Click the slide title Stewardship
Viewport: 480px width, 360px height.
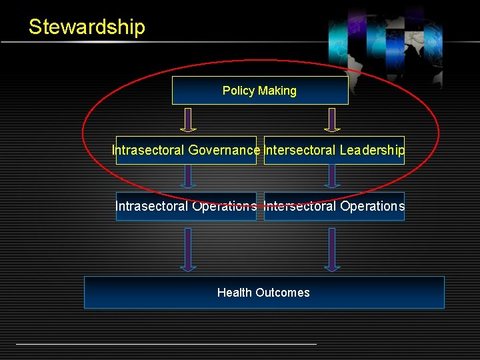pos(87,27)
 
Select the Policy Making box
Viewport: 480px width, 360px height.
pos(260,91)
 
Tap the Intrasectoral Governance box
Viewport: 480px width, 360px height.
pos(186,151)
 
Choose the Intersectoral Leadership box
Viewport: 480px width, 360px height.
pos(334,151)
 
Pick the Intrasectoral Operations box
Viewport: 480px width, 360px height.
pos(186,206)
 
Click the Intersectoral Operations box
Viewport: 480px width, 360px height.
pos(334,206)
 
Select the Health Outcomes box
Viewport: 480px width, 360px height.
pos(264,292)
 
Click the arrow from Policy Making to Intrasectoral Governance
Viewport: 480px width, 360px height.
pos(189,119)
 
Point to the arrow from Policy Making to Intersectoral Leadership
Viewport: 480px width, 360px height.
pos(332,119)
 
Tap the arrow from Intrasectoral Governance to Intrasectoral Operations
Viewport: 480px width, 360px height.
pos(189,176)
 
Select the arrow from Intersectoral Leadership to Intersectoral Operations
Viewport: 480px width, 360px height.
pos(332,176)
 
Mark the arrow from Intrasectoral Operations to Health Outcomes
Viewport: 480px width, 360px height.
pos(189,249)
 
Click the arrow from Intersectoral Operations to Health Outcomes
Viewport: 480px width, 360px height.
pos(332,249)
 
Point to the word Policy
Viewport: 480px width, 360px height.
pos(237,91)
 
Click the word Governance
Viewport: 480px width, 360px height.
pos(224,151)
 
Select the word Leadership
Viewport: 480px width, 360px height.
pos(371,151)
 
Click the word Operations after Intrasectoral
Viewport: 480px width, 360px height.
pos(224,206)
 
